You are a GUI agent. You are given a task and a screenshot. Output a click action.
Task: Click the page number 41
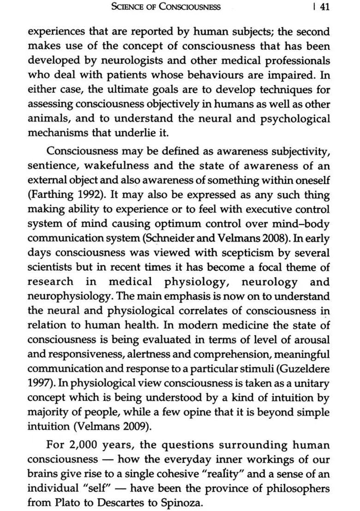(x=324, y=7)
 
